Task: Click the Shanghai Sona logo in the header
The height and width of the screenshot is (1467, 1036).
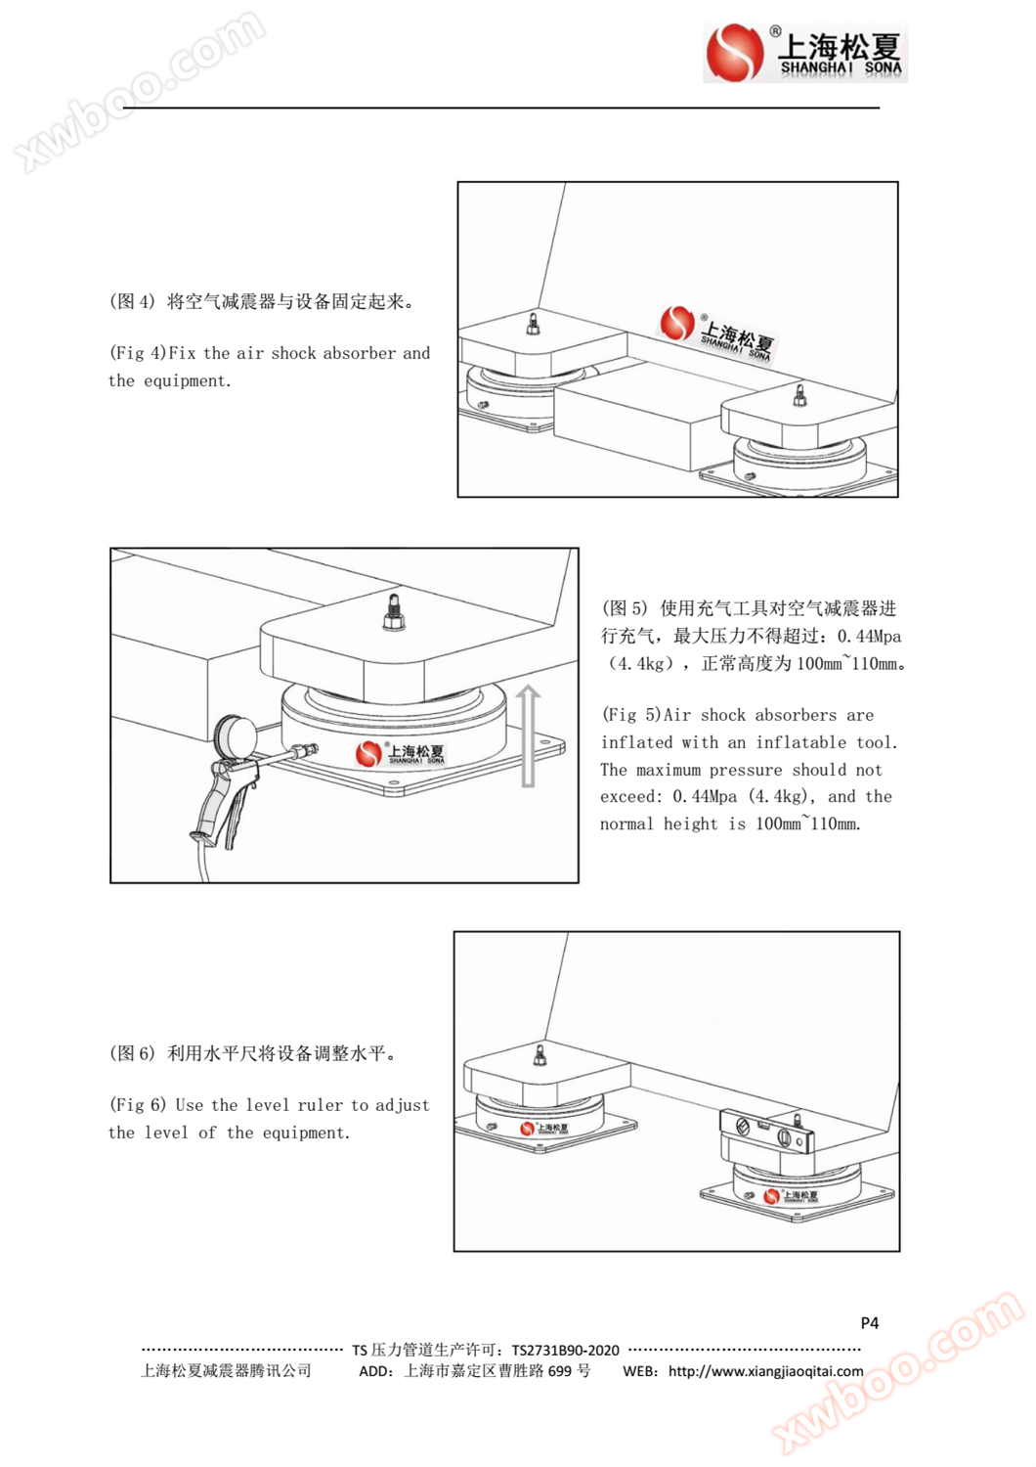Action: tap(804, 53)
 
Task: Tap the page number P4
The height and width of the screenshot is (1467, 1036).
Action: tap(869, 1322)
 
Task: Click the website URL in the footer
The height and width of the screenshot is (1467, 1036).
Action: tap(765, 1371)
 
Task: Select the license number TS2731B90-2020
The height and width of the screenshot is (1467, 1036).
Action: tap(565, 1350)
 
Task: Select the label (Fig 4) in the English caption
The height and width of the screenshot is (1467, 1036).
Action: tap(138, 353)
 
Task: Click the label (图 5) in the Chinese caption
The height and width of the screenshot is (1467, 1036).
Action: tap(625, 608)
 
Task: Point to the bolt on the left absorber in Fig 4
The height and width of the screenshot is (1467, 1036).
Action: tap(533, 324)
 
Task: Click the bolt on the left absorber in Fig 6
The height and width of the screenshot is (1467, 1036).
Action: tap(540, 1055)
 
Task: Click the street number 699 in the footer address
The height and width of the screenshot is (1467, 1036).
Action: tap(561, 1371)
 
